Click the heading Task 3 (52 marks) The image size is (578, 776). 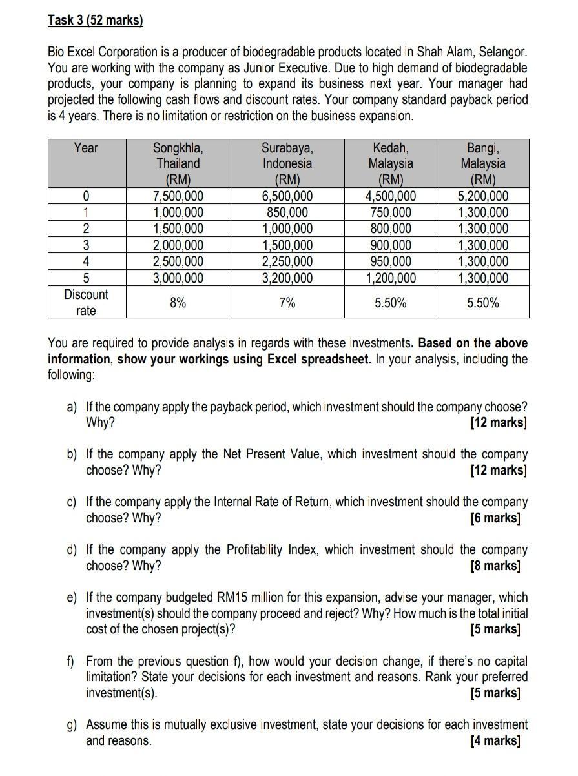coord(95,20)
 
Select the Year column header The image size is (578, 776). coord(86,148)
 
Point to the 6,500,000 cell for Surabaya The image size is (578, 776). coord(287,196)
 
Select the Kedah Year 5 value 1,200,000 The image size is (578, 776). coord(391,278)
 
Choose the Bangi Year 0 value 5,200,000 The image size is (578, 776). coord(484,196)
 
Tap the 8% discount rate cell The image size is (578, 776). coord(178,302)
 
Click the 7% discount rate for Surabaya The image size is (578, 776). coord(287,302)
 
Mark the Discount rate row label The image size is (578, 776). coord(86,302)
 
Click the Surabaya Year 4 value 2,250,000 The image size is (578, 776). coord(287,261)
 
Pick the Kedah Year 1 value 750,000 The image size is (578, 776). coord(391,212)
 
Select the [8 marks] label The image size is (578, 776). coord(495,566)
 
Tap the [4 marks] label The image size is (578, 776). coord(495,740)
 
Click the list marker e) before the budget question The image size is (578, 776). coord(72,597)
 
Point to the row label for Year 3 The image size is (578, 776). coord(86,245)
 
